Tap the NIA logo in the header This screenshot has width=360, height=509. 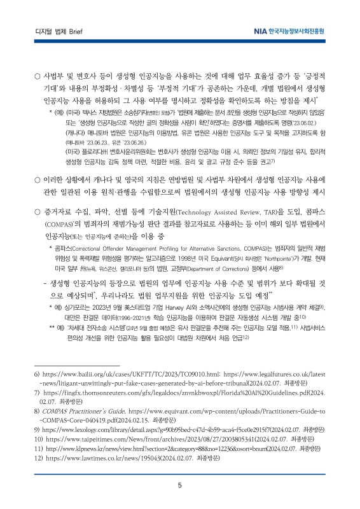[286, 30]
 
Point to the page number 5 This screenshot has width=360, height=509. [180, 486]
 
